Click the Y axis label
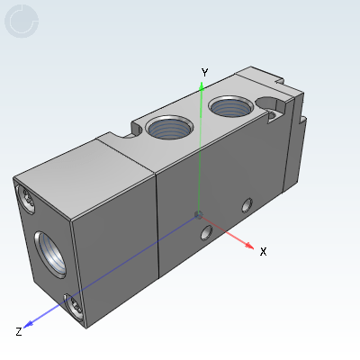pyautogui.click(x=204, y=73)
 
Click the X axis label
pyautogui.click(x=263, y=251)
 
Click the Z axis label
pyautogui.click(x=19, y=332)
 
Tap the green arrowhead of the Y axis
pyautogui.click(x=202, y=86)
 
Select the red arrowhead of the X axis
pyautogui.click(x=249, y=245)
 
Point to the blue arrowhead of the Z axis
pyautogui.click(x=28, y=324)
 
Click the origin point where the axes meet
pyautogui.click(x=198, y=214)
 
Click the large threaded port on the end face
pyautogui.click(x=50, y=255)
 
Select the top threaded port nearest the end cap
pyautogui.click(x=169, y=127)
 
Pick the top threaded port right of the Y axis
pyautogui.click(x=231, y=106)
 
